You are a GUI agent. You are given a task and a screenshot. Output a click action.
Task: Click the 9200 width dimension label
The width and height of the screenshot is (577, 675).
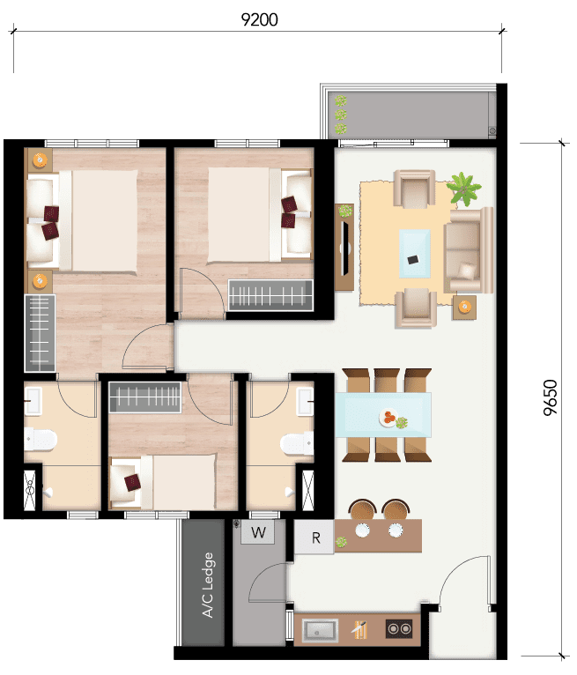click(x=260, y=19)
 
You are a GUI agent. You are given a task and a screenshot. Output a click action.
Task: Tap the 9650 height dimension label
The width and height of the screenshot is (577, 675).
click(x=550, y=397)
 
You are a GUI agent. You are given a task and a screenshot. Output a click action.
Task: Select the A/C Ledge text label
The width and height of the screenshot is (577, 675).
click(x=208, y=585)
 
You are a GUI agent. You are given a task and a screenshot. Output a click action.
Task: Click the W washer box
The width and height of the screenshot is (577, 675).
click(x=258, y=532)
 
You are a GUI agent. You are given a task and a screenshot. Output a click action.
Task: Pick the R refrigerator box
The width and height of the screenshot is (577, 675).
click(x=314, y=538)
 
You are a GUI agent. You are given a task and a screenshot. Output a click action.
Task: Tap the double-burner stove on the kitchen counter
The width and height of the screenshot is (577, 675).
click(x=399, y=629)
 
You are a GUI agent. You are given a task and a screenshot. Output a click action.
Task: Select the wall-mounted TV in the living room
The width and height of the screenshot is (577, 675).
click(x=344, y=247)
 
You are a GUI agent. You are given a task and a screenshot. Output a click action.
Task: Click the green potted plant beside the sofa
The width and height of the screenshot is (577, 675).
click(x=463, y=189)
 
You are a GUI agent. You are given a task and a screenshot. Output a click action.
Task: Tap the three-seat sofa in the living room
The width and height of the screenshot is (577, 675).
click(x=468, y=250)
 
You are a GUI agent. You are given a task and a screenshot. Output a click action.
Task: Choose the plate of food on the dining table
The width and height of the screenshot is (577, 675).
click(x=388, y=417)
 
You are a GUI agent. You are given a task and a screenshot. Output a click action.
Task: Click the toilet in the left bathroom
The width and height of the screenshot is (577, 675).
click(x=41, y=439)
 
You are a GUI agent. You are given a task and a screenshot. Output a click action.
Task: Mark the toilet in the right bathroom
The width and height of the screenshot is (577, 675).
click(x=297, y=443)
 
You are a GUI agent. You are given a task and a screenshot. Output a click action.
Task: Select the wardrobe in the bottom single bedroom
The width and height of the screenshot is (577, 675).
click(x=145, y=397)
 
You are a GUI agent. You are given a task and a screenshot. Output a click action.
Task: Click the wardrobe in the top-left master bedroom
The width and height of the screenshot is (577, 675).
click(x=40, y=333)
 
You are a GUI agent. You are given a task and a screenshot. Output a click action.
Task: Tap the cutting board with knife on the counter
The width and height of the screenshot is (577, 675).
click(x=359, y=630)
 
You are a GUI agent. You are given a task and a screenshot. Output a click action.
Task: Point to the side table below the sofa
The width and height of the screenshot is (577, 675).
click(x=464, y=307)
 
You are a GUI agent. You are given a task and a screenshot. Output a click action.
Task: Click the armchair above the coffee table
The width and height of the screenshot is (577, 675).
click(x=414, y=189)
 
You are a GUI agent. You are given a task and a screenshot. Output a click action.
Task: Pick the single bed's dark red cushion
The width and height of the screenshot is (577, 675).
click(x=132, y=482)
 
